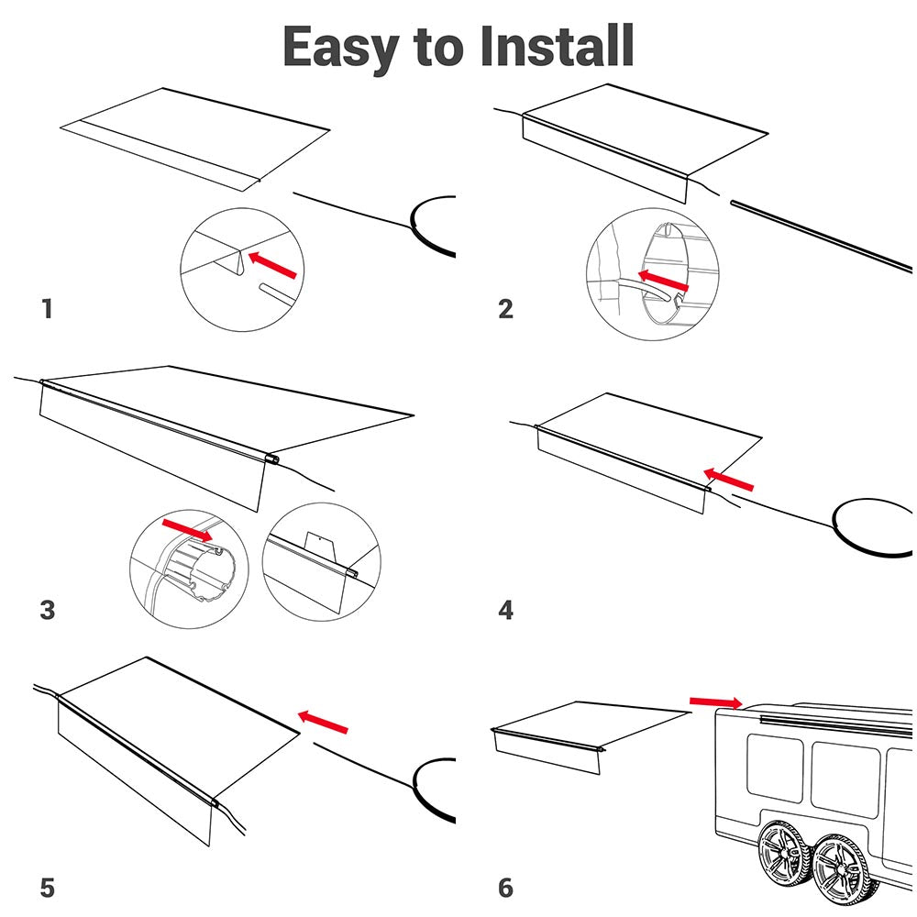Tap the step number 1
tap(47, 309)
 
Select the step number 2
tap(505, 309)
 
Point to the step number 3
tap(48, 610)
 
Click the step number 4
tap(505, 610)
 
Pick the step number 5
tap(48, 888)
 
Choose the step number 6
tap(505, 888)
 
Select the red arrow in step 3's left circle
tap(186, 528)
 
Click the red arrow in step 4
tap(729, 478)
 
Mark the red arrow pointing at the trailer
tap(716, 702)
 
